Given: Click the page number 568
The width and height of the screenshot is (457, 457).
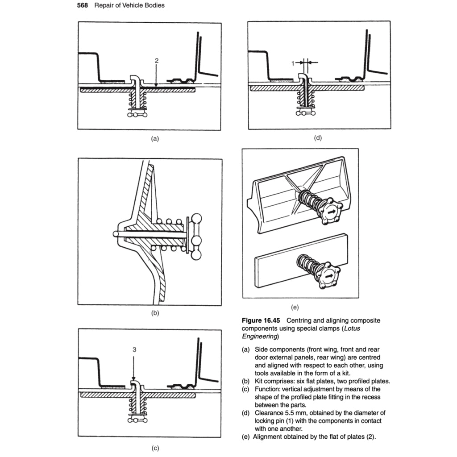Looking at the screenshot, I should click(84, 5).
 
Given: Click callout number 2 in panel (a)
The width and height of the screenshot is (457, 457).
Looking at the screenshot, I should click(156, 60).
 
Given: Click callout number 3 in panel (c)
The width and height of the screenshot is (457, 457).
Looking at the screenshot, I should click(134, 350).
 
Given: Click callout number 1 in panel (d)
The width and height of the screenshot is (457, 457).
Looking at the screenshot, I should click(293, 63).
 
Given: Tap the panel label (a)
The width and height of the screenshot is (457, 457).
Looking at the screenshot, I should click(154, 139).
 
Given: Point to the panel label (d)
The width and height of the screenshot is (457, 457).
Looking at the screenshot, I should click(318, 138).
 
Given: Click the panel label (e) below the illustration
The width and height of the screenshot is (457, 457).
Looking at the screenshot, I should click(294, 307).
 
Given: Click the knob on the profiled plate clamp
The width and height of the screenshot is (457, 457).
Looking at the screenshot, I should click(329, 213).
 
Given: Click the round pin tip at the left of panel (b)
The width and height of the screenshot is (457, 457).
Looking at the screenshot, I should click(116, 233).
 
